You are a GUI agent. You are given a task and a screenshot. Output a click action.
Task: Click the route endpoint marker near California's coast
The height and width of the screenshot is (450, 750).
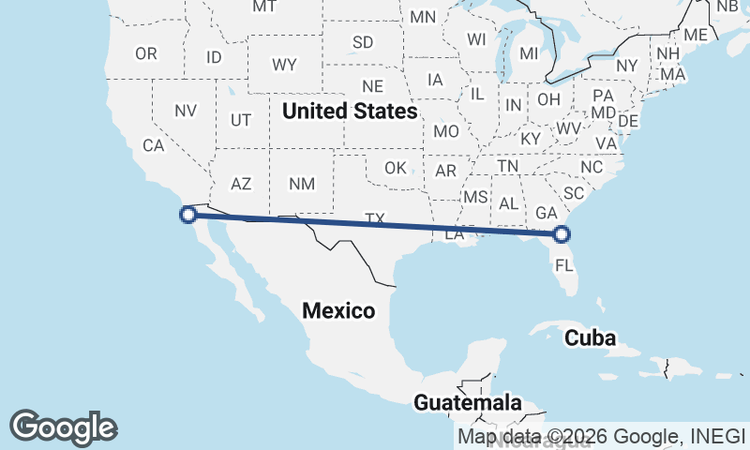pyautogui.click(x=187, y=215)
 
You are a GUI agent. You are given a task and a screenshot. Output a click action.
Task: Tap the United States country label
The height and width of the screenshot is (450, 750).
pyautogui.click(x=350, y=112)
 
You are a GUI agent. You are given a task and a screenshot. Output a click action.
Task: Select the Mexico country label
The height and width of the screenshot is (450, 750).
pyautogui.click(x=338, y=310)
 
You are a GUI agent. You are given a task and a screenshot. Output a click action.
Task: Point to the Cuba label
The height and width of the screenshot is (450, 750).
pyautogui.click(x=591, y=338)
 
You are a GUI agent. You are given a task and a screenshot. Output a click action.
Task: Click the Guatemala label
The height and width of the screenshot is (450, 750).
pyautogui.click(x=468, y=403)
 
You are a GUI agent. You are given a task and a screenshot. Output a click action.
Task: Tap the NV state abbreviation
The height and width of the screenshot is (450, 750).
pyautogui.click(x=186, y=111)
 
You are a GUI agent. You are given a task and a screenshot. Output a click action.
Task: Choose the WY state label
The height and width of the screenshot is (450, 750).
pyautogui.click(x=285, y=65)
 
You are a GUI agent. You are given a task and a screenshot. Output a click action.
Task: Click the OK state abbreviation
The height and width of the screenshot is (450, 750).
pyautogui.click(x=396, y=168)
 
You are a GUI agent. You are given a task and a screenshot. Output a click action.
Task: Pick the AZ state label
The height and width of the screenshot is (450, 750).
pyautogui.click(x=241, y=184)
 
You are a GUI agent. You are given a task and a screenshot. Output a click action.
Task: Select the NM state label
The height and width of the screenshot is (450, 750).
pyautogui.click(x=302, y=184)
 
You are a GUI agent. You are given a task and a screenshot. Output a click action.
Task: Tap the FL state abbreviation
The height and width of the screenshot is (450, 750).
pyautogui.click(x=563, y=265)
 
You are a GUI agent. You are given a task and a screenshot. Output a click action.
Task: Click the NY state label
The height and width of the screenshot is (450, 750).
pyautogui.click(x=627, y=66)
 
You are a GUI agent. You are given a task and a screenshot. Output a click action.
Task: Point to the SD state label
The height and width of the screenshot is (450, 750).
pyautogui.click(x=363, y=42)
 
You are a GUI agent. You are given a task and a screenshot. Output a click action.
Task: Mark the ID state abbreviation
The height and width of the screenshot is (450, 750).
pyautogui.click(x=214, y=57)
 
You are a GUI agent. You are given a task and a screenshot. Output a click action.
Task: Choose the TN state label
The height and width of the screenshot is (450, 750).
pyautogui.click(x=508, y=166)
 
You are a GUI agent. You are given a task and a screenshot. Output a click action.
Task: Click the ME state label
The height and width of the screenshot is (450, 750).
pyautogui.click(x=696, y=35)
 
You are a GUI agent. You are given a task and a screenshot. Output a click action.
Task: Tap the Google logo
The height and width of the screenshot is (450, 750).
pyautogui.click(x=63, y=427)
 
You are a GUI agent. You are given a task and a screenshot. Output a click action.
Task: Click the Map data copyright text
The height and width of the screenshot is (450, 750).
pyautogui.click(x=602, y=436)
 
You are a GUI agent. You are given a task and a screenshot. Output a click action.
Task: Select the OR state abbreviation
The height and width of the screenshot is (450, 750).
pyautogui.click(x=146, y=53)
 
